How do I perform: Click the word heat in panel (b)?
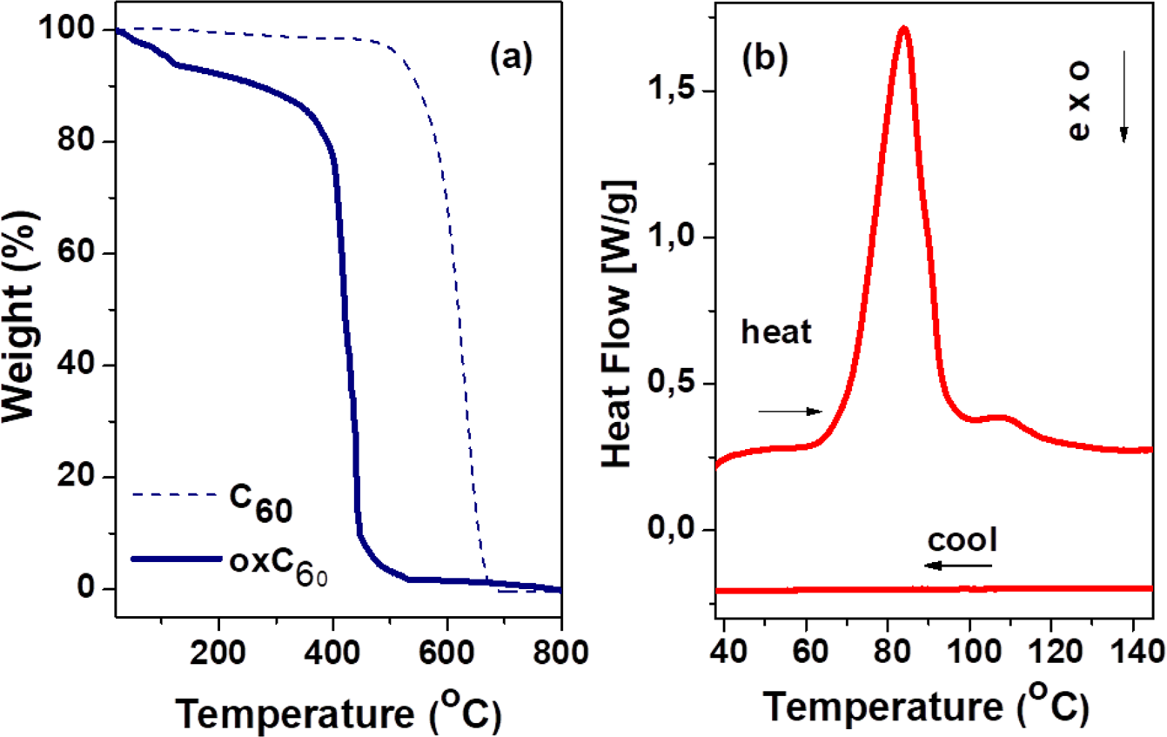click(777, 333)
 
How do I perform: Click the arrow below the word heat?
click(789, 411)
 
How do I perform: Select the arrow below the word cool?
click(957, 566)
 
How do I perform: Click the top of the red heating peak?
click(903, 29)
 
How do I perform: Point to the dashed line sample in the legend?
click(174, 494)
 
